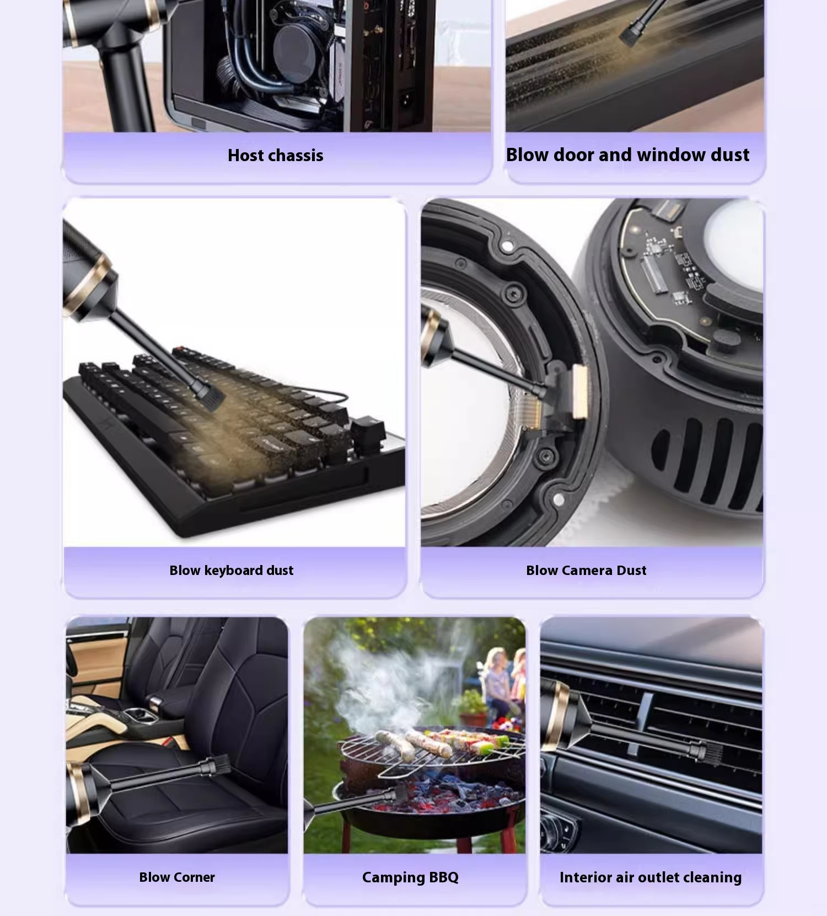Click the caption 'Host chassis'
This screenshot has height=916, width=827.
click(x=276, y=156)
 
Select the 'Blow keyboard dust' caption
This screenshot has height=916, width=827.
click(x=232, y=571)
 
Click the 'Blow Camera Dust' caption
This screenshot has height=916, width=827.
click(x=586, y=571)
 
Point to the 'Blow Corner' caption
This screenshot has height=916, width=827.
click(x=177, y=877)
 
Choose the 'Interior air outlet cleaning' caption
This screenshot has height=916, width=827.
click(x=651, y=877)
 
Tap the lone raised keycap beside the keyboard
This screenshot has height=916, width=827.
click(x=367, y=429)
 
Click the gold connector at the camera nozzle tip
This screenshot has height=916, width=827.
click(x=579, y=391)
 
